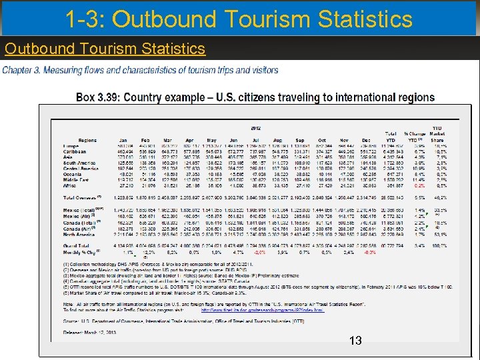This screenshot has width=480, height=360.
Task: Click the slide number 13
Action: (x=355, y=341)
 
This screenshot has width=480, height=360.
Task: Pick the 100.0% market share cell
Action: (x=437, y=246)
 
